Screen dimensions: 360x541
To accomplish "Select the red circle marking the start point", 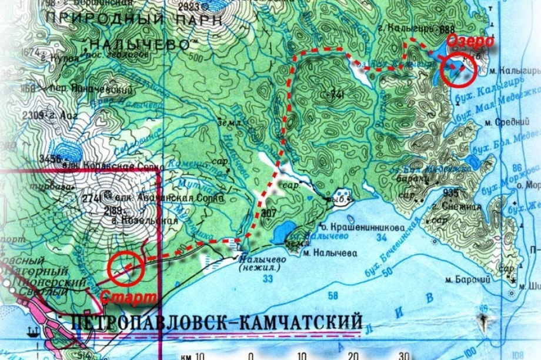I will click(x=125, y=266).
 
